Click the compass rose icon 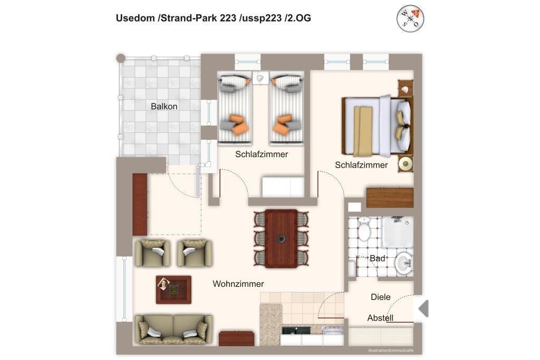pyautogui.click(x=410, y=18)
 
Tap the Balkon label pyautogui.click(x=164, y=106)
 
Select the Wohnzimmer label pyautogui.click(x=238, y=284)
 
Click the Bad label pyautogui.click(x=378, y=258)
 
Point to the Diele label pyautogui.click(x=381, y=297)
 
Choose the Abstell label pyautogui.click(x=380, y=318)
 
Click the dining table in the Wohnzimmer pyautogui.click(x=281, y=239)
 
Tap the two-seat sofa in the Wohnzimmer pyautogui.click(x=174, y=329)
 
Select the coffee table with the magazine pyautogui.click(x=173, y=290)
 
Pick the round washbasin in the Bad pyautogui.click(x=403, y=264)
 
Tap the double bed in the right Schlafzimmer pyautogui.click(x=378, y=125)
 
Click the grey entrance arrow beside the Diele pyautogui.click(x=423, y=308)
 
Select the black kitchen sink pyautogui.click(x=296, y=330)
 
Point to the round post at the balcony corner pyautogui.click(x=121, y=58)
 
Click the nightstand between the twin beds pyautogui.click(x=261, y=78)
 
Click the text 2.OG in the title pyautogui.click(x=299, y=18)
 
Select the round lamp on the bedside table pyautogui.click(x=406, y=163)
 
